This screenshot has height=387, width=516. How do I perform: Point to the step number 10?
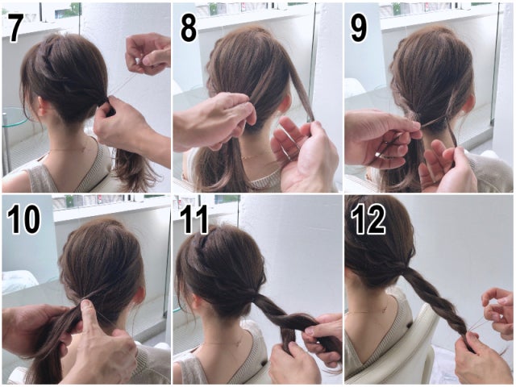pos(23,218)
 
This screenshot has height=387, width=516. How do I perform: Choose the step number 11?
pos(194,218)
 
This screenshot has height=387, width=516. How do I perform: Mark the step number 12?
pos(368,218)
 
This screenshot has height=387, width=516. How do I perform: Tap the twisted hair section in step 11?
pos(282,322)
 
